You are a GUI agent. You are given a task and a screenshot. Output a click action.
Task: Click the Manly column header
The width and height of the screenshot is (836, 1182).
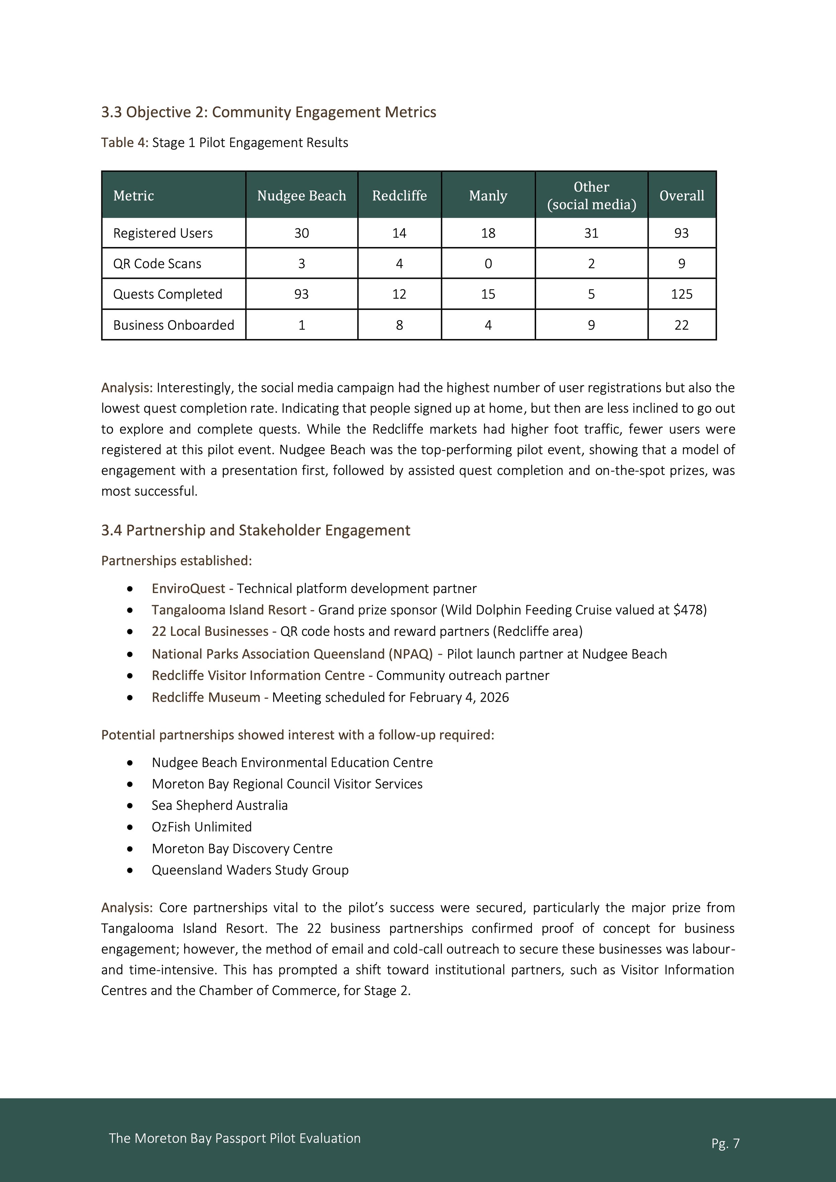488,196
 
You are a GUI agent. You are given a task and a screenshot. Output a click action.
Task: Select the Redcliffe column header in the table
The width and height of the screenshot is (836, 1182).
399,196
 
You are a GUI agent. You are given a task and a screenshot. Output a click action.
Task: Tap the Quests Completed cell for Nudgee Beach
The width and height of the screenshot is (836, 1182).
301,294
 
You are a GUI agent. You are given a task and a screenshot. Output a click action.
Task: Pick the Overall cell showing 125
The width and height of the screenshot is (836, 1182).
682,294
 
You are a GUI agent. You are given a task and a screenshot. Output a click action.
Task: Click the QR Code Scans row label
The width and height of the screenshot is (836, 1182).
157,264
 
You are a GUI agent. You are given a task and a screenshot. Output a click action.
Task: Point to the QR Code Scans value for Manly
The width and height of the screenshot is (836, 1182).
488,264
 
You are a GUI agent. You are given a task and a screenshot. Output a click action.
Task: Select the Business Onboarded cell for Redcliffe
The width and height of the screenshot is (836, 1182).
399,325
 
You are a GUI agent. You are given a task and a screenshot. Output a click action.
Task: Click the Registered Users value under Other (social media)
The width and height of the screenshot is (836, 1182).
591,233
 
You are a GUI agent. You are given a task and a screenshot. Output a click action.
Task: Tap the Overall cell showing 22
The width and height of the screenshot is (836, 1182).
682,325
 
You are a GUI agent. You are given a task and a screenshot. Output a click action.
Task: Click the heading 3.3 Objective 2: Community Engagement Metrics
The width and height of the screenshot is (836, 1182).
269,112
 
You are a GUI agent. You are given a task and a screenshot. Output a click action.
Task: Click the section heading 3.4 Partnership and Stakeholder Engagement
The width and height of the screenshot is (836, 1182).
255,530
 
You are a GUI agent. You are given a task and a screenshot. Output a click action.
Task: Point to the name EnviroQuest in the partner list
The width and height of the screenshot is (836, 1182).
188,588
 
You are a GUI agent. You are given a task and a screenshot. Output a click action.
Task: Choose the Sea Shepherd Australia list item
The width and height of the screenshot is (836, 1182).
219,805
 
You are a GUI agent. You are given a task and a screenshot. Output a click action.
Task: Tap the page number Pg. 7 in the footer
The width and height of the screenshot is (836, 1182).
725,1143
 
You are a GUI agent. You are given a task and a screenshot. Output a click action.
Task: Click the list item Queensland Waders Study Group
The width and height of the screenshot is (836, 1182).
250,870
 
